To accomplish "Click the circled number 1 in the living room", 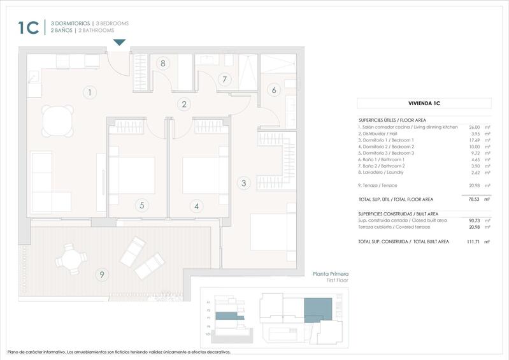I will (90, 92).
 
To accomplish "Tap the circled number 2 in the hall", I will (184, 104).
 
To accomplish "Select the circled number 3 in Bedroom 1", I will (243, 184).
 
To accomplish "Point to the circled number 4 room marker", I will (197, 206).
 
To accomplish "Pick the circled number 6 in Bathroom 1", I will (274, 90).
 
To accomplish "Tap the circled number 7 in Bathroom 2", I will (223, 80).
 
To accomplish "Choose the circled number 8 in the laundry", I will (163, 63).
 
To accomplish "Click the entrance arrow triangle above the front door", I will (119, 43).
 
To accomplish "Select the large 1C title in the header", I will (29, 27).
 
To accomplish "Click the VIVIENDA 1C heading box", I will (424, 103).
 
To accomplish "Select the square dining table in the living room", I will (56, 119).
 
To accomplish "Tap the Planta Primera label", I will (330, 274).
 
